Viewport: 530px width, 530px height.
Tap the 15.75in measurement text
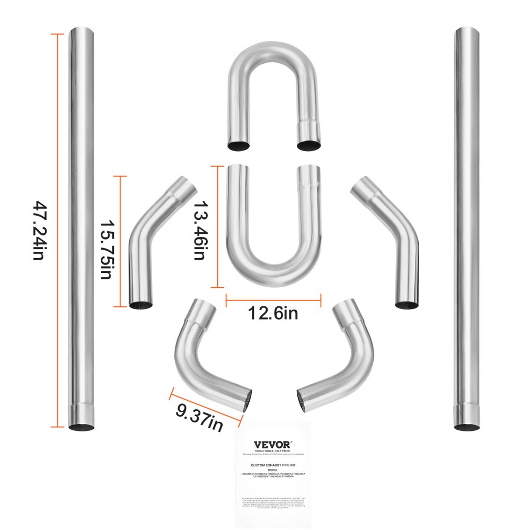[x=104, y=242]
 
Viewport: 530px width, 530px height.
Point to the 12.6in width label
[x=273, y=314]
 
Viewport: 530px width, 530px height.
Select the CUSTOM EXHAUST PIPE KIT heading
[x=273, y=463]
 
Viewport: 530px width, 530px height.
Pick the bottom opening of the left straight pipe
[x=82, y=427]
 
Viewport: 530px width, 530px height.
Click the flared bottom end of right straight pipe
[x=467, y=416]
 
